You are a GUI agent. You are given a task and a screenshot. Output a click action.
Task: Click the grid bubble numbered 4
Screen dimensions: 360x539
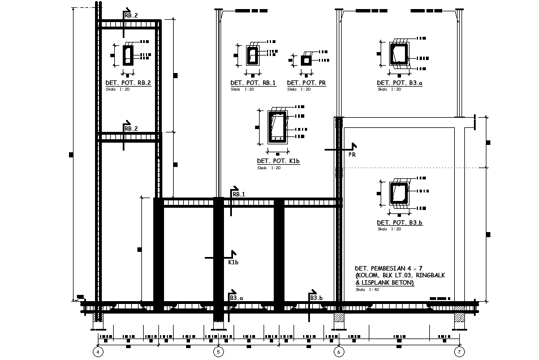click(98, 352)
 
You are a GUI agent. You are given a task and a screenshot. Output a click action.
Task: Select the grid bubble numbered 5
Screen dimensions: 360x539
click(218, 352)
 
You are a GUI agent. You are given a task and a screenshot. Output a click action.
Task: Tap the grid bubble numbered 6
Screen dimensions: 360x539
click(339, 352)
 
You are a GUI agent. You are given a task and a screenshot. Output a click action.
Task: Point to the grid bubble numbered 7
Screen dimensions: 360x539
click(459, 352)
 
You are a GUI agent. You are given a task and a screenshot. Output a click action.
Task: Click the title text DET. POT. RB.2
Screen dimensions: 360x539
click(128, 83)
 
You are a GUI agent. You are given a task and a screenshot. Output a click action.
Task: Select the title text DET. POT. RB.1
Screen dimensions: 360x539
click(253, 83)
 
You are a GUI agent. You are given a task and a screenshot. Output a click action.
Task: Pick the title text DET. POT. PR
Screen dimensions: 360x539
click(306, 83)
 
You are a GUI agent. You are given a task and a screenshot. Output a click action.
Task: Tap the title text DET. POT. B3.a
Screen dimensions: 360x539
click(400, 83)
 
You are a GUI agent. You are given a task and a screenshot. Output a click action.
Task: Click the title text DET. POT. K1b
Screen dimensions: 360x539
click(278, 161)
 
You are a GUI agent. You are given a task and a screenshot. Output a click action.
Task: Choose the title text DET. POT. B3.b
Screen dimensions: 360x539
click(400, 223)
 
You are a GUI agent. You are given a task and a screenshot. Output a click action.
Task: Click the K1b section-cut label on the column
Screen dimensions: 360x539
click(233, 263)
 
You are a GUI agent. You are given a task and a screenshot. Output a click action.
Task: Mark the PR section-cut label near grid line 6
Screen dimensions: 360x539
click(352, 154)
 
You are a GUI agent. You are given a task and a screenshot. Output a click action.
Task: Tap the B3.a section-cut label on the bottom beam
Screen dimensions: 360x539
click(236, 298)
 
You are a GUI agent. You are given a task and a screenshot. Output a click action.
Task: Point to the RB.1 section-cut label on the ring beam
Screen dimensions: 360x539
click(239, 194)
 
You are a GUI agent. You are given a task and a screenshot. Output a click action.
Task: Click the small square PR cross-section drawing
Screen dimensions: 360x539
click(305, 60)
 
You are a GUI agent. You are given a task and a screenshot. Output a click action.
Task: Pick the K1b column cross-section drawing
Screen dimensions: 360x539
click(277, 127)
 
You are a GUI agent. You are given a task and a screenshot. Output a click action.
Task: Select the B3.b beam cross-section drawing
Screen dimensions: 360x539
click(400, 194)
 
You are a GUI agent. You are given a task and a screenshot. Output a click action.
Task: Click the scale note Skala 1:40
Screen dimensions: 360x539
click(368, 289)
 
